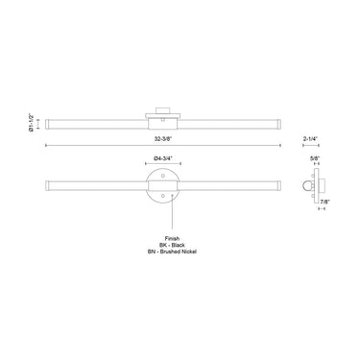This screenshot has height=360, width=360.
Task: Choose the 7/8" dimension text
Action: [326, 202]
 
